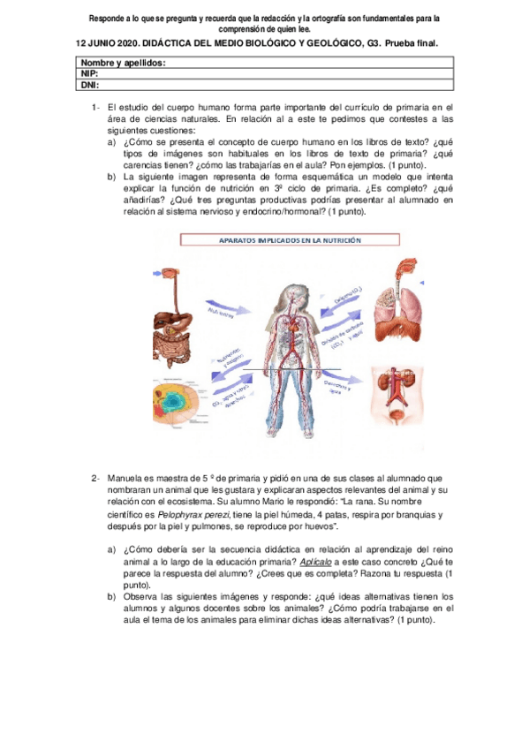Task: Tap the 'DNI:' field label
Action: tap(89, 85)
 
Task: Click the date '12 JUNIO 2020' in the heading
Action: tap(111, 42)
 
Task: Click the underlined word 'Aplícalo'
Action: tap(317, 562)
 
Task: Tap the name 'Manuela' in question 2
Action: tap(130, 479)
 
